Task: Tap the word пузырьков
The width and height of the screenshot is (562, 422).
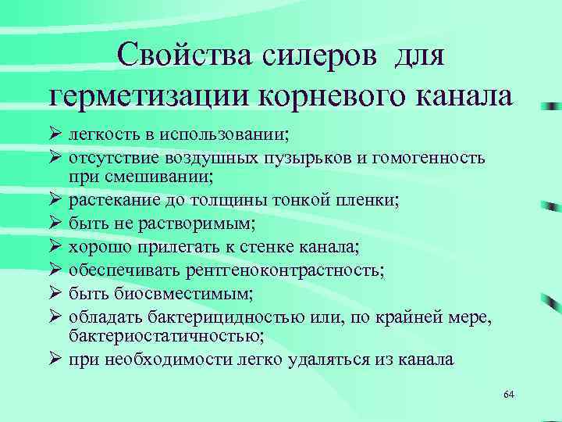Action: click(297, 158)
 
